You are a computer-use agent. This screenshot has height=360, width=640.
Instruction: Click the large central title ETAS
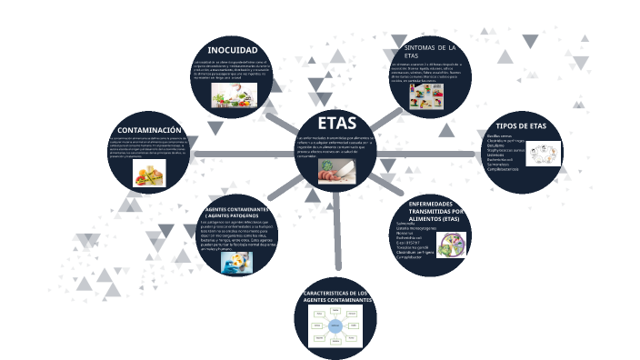331,124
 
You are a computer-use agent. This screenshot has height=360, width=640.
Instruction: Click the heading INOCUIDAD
233,49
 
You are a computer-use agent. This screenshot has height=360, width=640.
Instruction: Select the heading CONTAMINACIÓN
155,131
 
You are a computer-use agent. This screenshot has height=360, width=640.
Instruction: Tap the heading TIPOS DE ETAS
521,125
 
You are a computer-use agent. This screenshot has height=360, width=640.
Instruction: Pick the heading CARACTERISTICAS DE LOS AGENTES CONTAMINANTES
335,296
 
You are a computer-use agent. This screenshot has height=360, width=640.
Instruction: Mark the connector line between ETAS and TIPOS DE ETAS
427,155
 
